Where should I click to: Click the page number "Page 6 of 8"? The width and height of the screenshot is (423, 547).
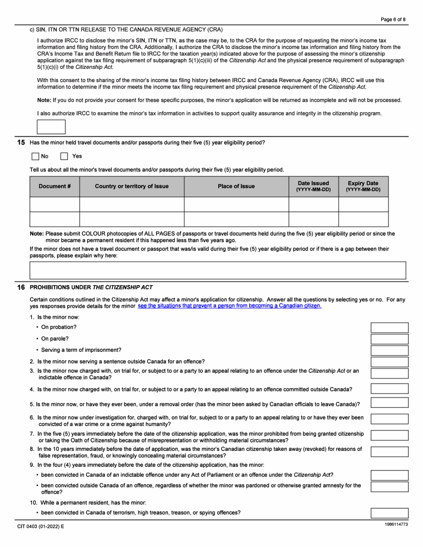(x=393, y=20)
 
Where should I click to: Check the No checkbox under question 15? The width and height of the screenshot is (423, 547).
(x=36, y=156)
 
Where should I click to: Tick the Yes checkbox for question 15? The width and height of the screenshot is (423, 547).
(x=64, y=156)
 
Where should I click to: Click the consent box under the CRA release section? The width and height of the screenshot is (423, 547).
(x=51, y=127)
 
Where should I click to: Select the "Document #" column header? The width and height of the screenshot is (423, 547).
(x=55, y=186)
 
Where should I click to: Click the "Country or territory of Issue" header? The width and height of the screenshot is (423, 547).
(x=132, y=186)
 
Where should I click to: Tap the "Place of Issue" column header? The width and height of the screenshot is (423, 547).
(x=236, y=186)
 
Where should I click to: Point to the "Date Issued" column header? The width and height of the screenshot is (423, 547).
(x=313, y=186)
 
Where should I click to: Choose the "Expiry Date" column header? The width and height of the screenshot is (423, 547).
(x=363, y=186)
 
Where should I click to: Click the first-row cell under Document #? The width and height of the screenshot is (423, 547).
(x=55, y=204)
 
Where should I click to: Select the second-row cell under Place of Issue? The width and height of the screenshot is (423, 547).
(x=236, y=219)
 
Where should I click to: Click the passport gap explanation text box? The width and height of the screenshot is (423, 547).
(x=218, y=270)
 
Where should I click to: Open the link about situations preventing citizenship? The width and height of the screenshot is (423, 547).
(x=229, y=306)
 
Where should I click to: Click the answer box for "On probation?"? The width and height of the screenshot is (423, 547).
(x=390, y=328)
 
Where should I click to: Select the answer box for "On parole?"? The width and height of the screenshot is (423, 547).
(x=390, y=339)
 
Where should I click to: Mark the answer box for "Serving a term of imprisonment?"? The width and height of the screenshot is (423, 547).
(x=390, y=350)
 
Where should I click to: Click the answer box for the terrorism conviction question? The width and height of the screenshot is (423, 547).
(x=390, y=513)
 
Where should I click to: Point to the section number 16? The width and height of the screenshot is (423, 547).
(x=21, y=287)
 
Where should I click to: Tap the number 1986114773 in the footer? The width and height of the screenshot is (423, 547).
(x=396, y=525)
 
